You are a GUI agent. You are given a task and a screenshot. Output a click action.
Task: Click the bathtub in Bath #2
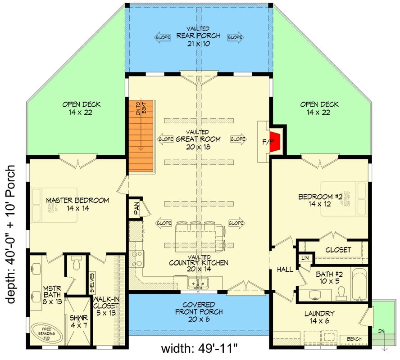coord(360,284)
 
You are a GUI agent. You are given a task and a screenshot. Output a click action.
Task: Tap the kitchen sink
coord(198,283)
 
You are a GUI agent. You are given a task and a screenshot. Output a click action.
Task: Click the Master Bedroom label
coord(77,204)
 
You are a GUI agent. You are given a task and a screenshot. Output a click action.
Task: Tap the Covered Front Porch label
coord(199,312)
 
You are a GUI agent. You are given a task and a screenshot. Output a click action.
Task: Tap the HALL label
coord(285,270)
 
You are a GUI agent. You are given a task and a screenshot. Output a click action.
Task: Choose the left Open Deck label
coord(82,108)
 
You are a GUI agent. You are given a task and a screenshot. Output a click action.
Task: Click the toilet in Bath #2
coord(341,292)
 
